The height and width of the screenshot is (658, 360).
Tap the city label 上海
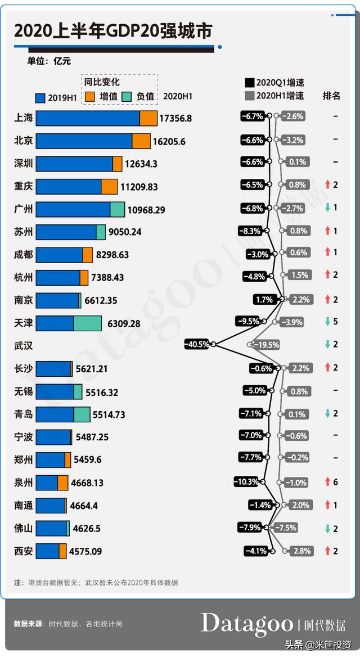[24, 118]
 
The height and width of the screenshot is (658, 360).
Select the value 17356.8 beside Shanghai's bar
[175, 118]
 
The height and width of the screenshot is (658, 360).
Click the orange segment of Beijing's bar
[141, 141]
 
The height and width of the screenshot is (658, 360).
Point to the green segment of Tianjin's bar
[87, 323]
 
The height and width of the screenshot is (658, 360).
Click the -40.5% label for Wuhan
[196, 344]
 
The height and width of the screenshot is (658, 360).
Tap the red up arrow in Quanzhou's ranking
[327, 482]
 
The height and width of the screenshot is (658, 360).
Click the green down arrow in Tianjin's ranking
[327, 322]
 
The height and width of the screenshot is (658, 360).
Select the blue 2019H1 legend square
[40, 97]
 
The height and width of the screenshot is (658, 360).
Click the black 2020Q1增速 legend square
[250, 83]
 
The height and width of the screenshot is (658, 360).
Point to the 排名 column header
[331, 96]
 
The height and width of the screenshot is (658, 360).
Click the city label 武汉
[24, 345]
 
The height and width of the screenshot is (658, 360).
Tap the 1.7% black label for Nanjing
[264, 300]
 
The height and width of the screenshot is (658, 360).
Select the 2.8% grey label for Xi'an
[301, 551]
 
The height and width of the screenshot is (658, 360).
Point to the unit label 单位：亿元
[49, 61]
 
